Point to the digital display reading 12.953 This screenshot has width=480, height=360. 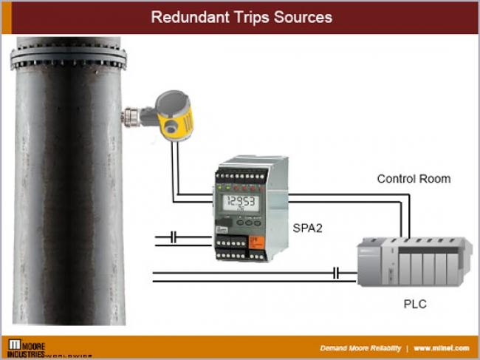pyautogui.click(x=241, y=202)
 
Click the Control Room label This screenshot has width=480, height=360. pyautogui.click(x=414, y=179)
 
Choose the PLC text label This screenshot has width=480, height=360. pyautogui.click(x=415, y=304)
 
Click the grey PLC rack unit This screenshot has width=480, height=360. pyautogui.click(x=414, y=262)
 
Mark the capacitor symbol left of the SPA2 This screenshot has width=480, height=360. pyautogui.click(x=173, y=237)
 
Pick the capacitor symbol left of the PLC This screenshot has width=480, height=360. pyautogui.click(x=337, y=274)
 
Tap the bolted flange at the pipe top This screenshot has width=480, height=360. pyautogui.click(x=68, y=57)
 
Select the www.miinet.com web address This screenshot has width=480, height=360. pyautogui.click(x=442, y=347)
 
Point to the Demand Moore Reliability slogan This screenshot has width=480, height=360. pyautogui.click(x=360, y=347)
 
